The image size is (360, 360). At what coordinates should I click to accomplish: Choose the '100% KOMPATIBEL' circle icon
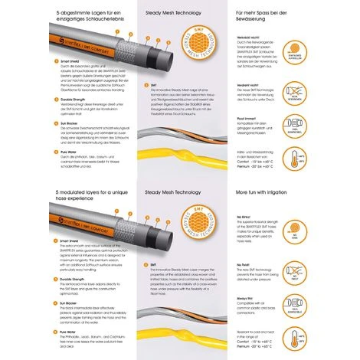click(336, 125)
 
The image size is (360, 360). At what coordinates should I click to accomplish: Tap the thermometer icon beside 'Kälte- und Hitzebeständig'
click(336, 159)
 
